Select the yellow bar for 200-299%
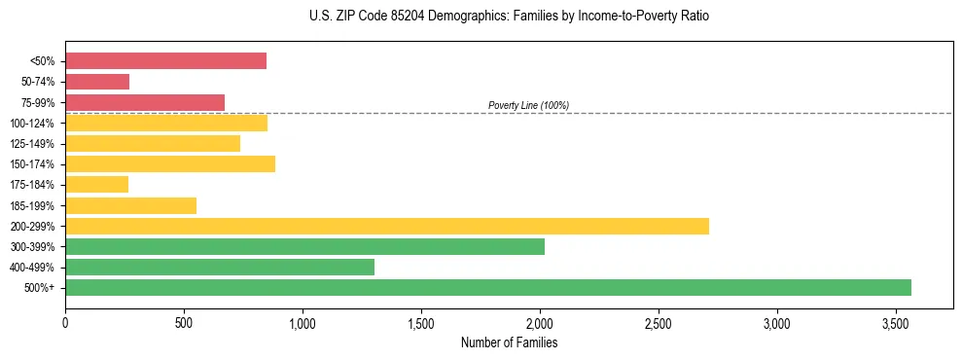click(387, 226)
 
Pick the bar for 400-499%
click(220, 267)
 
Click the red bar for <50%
click(165, 61)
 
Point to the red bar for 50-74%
click(97, 82)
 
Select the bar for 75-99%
click(145, 102)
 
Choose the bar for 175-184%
click(97, 185)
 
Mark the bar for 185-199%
click(131, 205)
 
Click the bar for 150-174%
click(170, 163)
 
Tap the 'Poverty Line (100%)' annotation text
click(528, 105)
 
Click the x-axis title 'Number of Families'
click(509, 342)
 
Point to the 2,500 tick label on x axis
click(659, 322)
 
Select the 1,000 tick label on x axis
click(303, 322)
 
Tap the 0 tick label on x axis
click(65, 322)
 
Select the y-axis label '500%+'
click(41, 288)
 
